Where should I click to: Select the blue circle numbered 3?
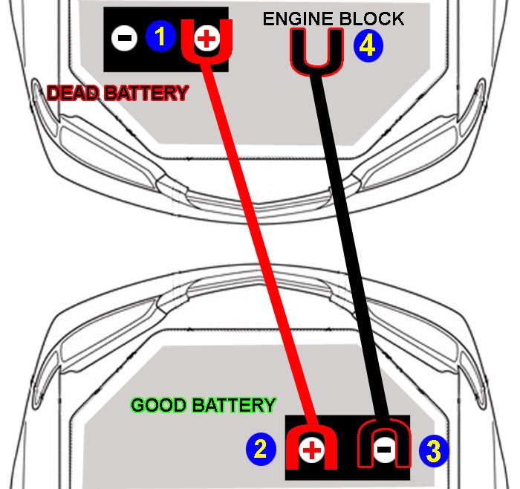(434, 450)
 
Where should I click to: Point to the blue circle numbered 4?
(369, 46)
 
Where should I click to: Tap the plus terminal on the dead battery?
(206, 38)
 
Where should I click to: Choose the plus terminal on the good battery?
(313, 449)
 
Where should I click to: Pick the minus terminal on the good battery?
(383, 449)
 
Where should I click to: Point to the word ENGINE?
(296, 19)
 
